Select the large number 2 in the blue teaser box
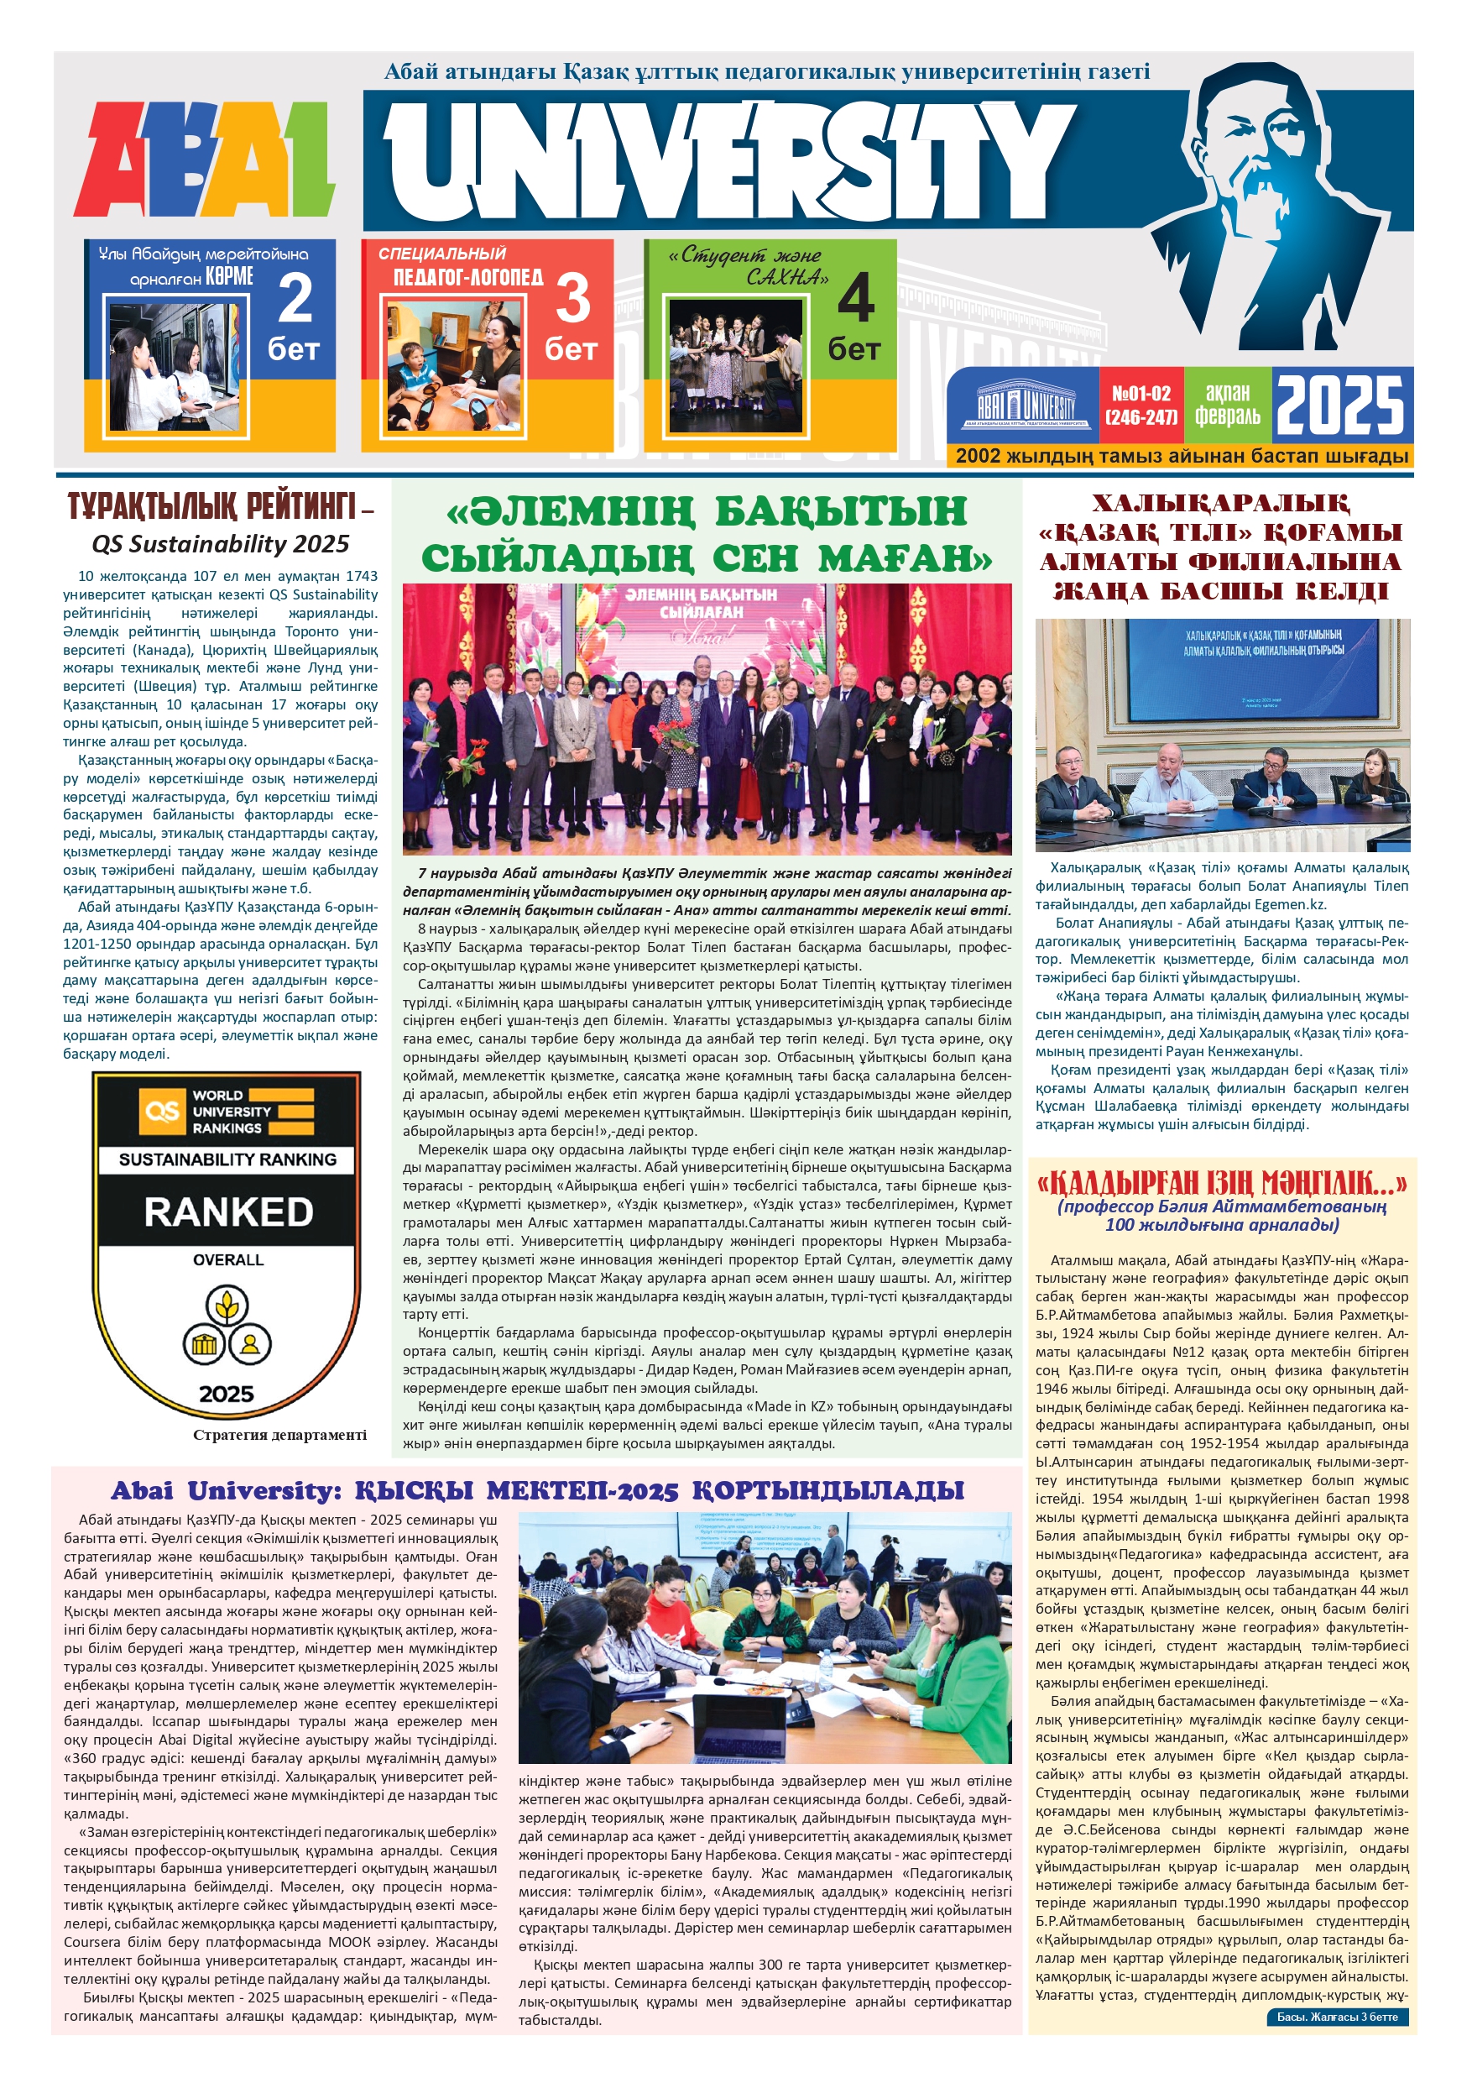point(295,300)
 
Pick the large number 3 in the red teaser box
point(572,300)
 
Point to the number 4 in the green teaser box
point(854,300)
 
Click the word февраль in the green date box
point(1227,416)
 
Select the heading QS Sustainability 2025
point(221,543)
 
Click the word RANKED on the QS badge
point(228,1212)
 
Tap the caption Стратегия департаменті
point(279,1434)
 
